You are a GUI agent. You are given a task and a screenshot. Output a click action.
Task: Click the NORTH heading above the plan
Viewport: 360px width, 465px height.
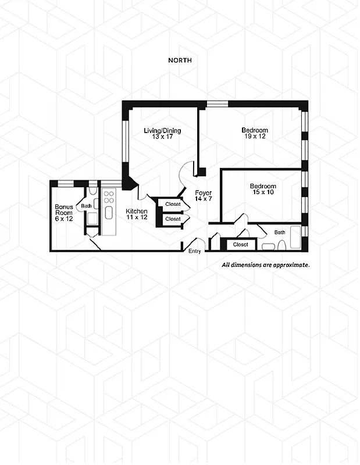[180, 60]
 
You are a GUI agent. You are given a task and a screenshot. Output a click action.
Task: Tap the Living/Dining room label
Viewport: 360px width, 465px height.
[162, 130]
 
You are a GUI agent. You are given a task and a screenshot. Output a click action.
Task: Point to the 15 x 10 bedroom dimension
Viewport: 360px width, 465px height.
[263, 192]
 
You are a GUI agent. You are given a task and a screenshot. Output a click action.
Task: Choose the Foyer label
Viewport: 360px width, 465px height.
[203, 193]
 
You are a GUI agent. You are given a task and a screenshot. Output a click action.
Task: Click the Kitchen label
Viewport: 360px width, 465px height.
[137, 211]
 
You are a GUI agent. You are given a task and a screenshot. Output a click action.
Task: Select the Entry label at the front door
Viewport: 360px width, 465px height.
[195, 251]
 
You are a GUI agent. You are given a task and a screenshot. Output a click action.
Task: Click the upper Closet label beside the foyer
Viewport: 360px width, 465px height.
[173, 204]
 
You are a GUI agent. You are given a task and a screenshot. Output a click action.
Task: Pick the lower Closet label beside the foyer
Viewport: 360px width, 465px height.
[173, 219]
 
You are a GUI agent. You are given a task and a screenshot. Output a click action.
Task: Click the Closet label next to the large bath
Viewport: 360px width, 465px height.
[240, 245]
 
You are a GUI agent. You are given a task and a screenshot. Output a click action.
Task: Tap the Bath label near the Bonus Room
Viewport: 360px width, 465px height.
[86, 206]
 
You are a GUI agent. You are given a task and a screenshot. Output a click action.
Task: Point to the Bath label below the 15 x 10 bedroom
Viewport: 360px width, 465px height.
[280, 233]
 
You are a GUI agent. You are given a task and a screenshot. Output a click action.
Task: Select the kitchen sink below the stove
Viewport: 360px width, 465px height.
[108, 212]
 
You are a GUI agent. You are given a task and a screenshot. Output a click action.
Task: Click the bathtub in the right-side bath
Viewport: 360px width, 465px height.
[295, 238]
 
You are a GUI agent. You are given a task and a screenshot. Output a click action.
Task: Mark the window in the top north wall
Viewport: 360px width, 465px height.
[218, 104]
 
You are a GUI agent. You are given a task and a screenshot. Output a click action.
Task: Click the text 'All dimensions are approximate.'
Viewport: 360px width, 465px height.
[266, 264]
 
